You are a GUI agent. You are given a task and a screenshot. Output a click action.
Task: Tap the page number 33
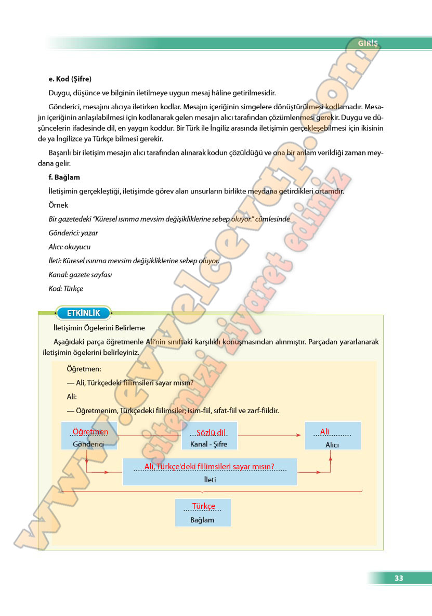[x=399, y=578]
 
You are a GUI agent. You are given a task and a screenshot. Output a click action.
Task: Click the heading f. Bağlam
[x=64, y=177]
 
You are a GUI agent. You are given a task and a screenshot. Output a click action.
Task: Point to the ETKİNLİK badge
[x=83, y=313]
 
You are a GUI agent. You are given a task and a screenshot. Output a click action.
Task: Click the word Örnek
[x=58, y=205]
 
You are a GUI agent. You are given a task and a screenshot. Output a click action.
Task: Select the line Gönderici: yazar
[x=73, y=233]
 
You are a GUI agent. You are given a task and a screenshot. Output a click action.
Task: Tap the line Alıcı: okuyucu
[x=70, y=247]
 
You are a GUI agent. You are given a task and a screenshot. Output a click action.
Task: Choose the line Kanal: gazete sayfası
[x=81, y=274]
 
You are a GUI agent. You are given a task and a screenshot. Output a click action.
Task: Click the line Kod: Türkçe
[x=66, y=288]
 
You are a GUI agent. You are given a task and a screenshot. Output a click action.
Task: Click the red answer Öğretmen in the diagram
[x=90, y=432]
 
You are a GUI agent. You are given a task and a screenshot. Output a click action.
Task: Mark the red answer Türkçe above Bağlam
[x=203, y=506]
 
